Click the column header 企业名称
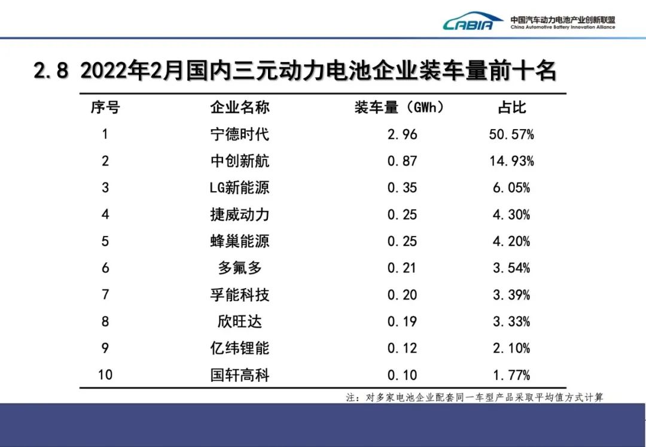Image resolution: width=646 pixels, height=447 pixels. [x=240, y=108]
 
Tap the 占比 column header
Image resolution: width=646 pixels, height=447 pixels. [x=512, y=108]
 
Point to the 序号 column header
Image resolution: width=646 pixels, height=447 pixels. [x=105, y=108]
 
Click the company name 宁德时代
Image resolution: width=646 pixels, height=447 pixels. [x=240, y=134]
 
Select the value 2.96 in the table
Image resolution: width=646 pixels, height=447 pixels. [x=402, y=134]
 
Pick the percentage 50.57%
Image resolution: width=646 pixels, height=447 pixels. [x=512, y=134]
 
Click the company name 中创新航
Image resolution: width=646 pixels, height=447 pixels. [x=240, y=161]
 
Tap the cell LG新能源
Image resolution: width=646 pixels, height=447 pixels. [x=240, y=188]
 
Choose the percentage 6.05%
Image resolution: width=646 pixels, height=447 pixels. [x=512, y=188]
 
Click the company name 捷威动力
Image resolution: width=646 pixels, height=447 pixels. [x=240, y=215]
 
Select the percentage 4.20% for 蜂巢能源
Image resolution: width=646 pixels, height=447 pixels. [x=512, y=241]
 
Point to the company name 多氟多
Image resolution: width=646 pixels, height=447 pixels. [x=240, y=268]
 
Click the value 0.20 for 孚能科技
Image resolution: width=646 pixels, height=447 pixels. [x=402, y=295]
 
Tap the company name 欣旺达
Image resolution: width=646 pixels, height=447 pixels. [x=240, y=322]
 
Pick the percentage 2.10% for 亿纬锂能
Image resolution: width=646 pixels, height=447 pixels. [x=512, y=348]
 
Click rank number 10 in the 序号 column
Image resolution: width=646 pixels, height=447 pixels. [x=105, y=375]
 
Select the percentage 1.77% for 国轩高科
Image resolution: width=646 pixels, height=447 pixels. [x=512, y=375]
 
